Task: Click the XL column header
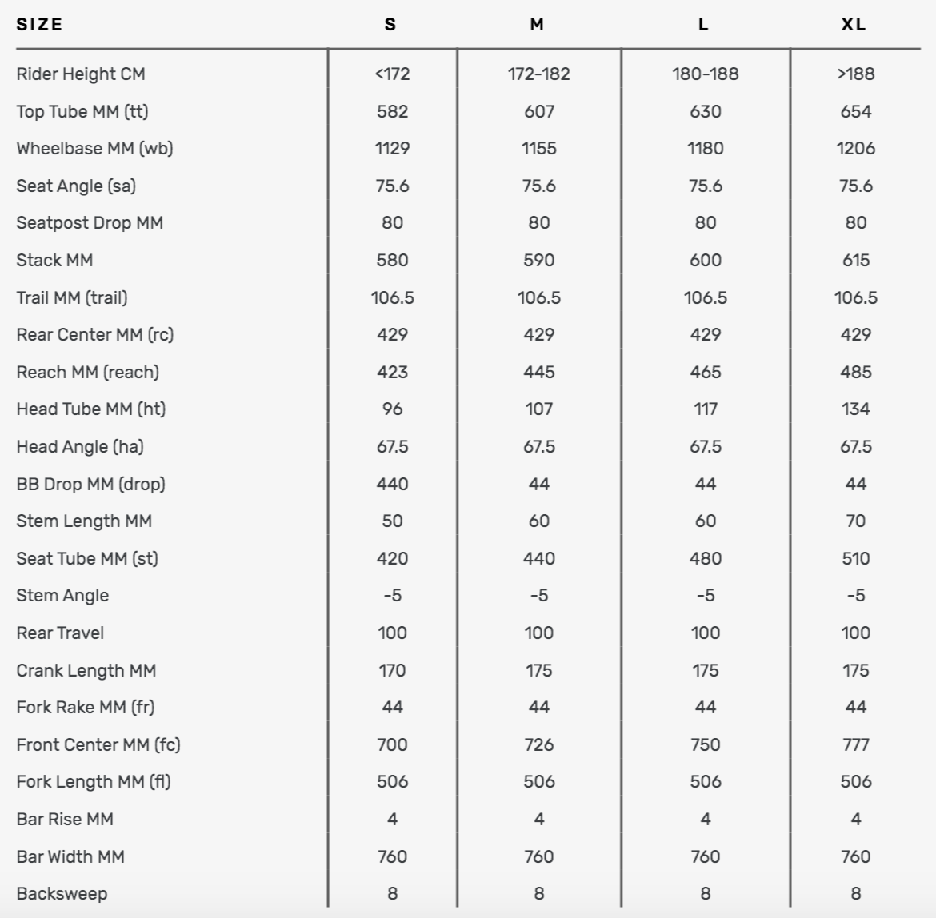pyautogui.click(x=854, y=24)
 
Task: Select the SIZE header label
pyautogui.click(x=39, y=24)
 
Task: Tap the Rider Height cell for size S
pyautogui.click(x=392, y=74)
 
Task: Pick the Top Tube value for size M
pyautogui.click(x=538, y=111)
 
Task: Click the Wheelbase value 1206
pyautogui.click(x=855, y=148)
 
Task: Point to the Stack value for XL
pyautogui.click(x=855, y=260)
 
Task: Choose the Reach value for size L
pyautogui.click(x=705, y=372)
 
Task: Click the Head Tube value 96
pyautogui.click(x=392, y=409)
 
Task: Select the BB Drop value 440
pyautogui.click(x=392, y=484)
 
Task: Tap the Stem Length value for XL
pyautogui.click(x=855, y=521)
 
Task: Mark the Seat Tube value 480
pyautogui.click(x=705, y=558)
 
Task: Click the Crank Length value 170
pyautogui.click(x=392, y=670)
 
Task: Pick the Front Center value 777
pyautogui.click(x=855, y=744)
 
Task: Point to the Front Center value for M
pyautogui.click(x=538, y=744)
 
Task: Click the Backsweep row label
pyautogui.click(x=62, y=893)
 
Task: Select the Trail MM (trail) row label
pyautogui.click(x=72, y=297)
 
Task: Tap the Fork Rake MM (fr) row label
pyautogui.click(x=85, y=707)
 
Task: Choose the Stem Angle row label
pyautogui.click(x=62, y=595)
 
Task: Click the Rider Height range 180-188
pyautogui.click(x=705, y=74)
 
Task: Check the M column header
pyautogui.click(x=537, y=24)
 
